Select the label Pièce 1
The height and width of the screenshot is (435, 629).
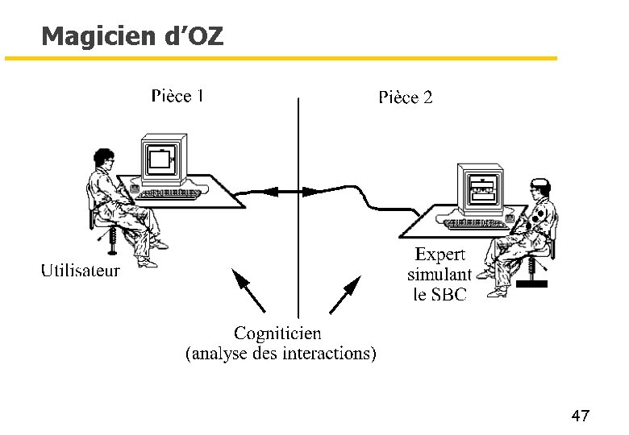pos(177,96)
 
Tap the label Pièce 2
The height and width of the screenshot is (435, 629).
pos(406,97)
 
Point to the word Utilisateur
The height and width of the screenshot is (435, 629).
pos(81,271)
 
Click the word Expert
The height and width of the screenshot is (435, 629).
pos(440,255)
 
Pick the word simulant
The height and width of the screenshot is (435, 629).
pos(439,274)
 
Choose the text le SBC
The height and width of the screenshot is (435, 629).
pos(439,294)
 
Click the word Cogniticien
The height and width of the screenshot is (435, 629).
pos(277,333)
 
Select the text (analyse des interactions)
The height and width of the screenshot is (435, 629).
pos(281,353)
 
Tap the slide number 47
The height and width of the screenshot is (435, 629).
pos(580,416)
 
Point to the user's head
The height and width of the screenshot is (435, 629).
pos(102,159)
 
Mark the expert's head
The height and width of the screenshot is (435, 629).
pos(539,188)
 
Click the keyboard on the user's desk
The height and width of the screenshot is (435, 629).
pos(169,193)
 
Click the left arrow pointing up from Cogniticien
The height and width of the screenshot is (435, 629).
pos(248,291)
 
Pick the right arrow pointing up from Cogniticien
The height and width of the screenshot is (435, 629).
pos(344,294)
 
